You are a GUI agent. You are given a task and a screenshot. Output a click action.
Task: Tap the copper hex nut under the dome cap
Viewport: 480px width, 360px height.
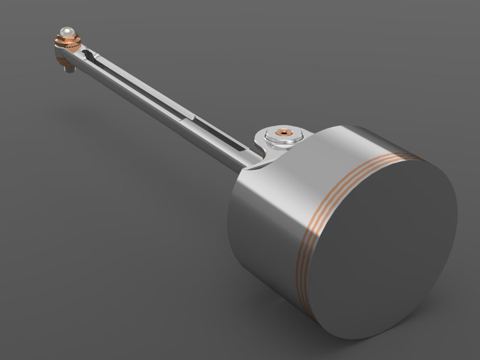(67, 40)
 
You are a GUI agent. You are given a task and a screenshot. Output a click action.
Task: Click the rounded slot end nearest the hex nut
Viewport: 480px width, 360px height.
(86, 54)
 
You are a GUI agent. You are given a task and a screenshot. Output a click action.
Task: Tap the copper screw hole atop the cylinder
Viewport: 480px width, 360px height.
(285, 133)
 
